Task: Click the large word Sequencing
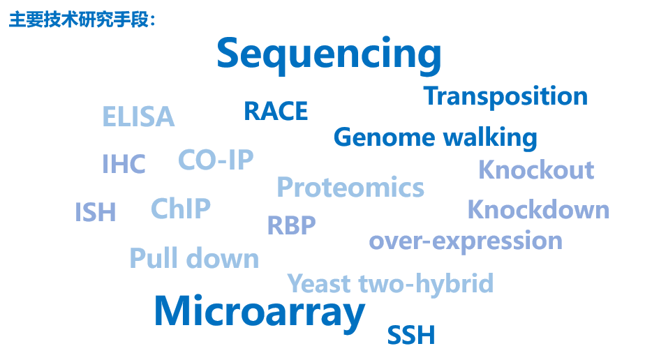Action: click(x=329, y=55)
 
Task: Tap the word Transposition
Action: click(x=505, y=97)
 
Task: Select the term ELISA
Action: click(x=138, y=117)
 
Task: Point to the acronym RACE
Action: click(x=276, y=112)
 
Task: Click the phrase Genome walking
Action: click(x=436, y=138)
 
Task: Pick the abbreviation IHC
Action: click(x=124, y=164)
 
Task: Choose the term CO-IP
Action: click(x=216, y=160)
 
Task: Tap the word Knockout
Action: click(x=536, y=170)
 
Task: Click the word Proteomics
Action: click(x=350, y=188)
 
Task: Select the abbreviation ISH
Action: click(x=95, y=212)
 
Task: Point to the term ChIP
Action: click(x=181, y=209)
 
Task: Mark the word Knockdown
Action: click(x=538, y=209)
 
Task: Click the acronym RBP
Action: click(x=292, y=225)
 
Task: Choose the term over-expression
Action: click(x=466, y=241)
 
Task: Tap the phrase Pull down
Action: click(x=194, y=258)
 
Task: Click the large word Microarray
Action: click(x=260, y=313)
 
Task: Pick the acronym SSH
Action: click(x=411, y=335)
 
